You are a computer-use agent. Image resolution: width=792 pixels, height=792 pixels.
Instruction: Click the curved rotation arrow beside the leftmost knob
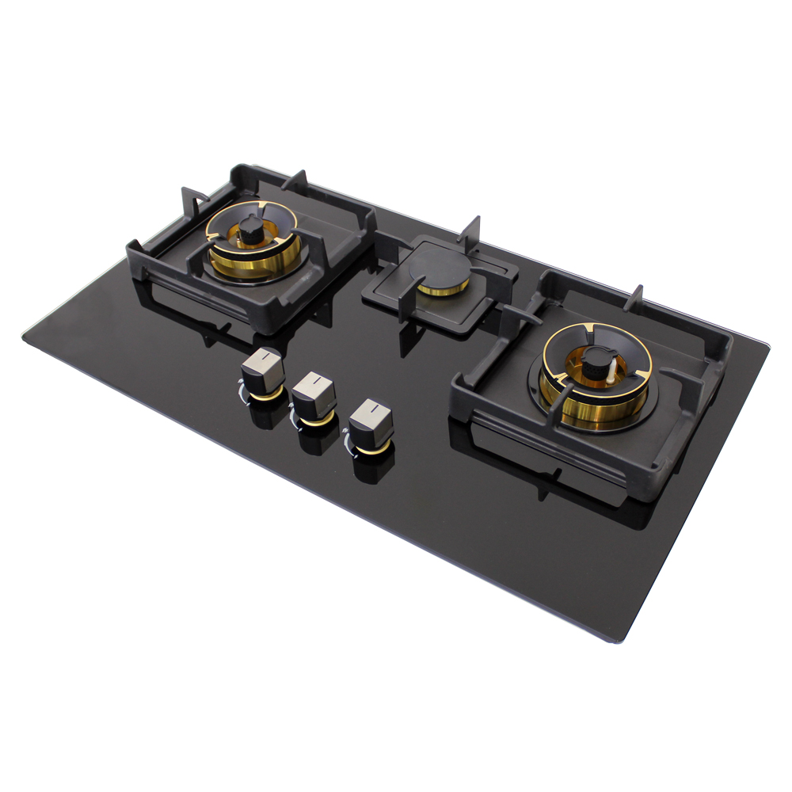pyautogui.click(x=240, y=387)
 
